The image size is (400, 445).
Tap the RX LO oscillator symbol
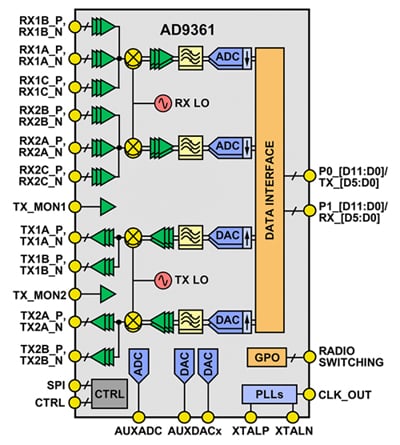[x=160, y=103]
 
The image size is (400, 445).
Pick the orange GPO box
[x=266, y=357]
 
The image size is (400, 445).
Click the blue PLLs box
[x=269, y=394]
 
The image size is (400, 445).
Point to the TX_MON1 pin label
[x=38, y=207]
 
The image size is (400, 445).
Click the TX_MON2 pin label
[x=38, y=294]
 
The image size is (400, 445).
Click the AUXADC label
[x=137, y=431]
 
